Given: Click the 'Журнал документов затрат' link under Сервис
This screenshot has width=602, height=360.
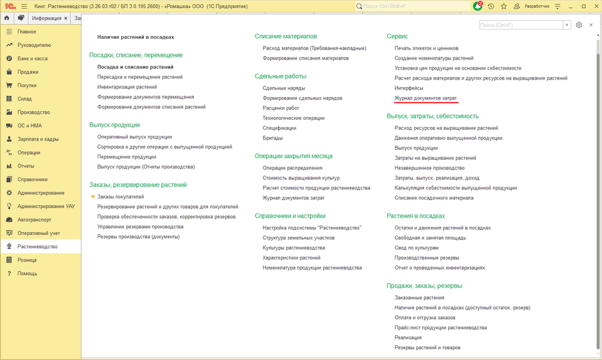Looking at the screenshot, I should click(425, 98).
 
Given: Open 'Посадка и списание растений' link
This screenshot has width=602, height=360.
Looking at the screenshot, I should click(135, 67).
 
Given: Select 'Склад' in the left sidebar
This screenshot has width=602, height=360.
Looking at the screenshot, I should click(25, 99).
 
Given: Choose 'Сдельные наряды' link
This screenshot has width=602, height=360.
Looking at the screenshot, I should click(284, 88).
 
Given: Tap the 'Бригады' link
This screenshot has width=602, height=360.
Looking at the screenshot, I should click(273, 138).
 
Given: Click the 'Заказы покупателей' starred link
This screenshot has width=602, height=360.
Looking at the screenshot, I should click(120, 197).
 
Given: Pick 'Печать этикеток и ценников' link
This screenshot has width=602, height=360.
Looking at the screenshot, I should click(426, 48).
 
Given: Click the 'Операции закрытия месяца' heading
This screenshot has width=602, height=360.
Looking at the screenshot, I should click(293, 156).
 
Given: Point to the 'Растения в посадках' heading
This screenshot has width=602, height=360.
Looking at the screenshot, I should click(415, 216).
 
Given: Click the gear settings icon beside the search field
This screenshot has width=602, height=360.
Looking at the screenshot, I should click(579, 25).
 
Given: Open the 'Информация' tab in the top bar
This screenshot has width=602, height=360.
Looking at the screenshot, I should click(46, 18).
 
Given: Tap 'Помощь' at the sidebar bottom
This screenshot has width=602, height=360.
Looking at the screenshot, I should click(27, 273).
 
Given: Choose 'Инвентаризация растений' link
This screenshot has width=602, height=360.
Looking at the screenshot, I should click(127, 87).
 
